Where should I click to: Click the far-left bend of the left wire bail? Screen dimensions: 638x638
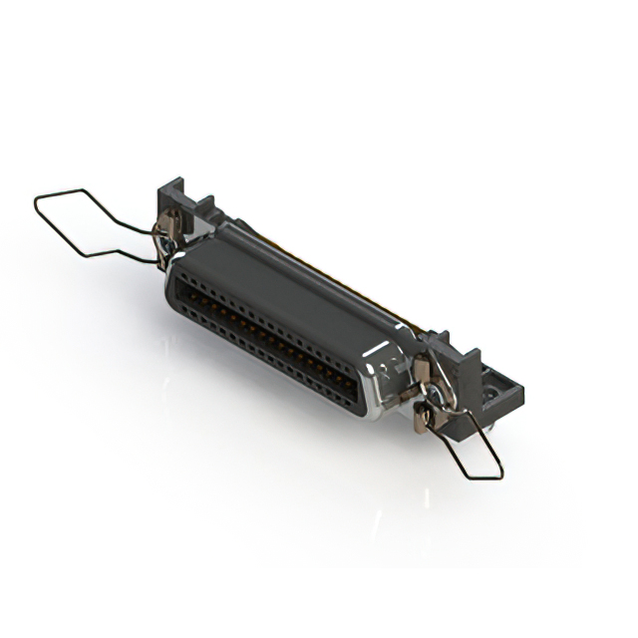(37, 206)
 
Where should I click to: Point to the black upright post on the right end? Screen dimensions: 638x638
(467, 369)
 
